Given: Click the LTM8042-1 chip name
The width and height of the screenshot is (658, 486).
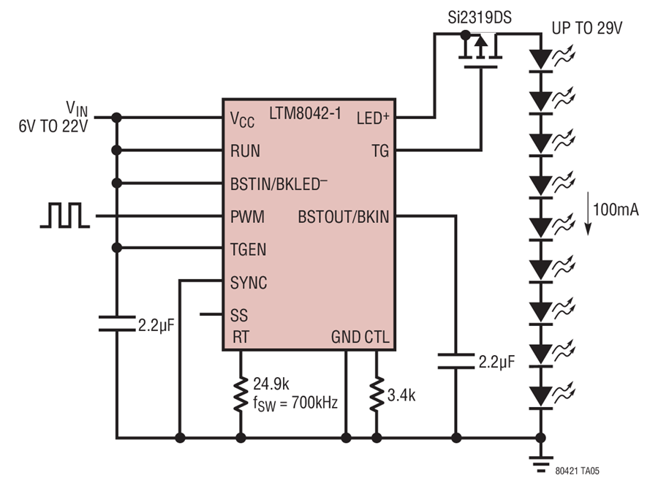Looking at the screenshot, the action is pyautogui.click(x=305, y=113).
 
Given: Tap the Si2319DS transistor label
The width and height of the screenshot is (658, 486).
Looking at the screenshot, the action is pyautogui.click(x=480, y=18).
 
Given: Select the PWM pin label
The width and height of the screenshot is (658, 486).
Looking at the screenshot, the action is pyautogui.click(x=247, y=217).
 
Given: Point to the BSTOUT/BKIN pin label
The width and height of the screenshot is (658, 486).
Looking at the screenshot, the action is pyautogui.click(x=344, y=217).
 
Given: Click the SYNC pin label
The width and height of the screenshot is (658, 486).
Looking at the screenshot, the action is pyautogui.click(x=249, y=283).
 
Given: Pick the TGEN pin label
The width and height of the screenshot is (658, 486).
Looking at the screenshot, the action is pyautogui.click(x=248, y=249).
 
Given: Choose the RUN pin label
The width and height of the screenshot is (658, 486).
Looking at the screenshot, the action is pyautogui.click(x=245, y=151).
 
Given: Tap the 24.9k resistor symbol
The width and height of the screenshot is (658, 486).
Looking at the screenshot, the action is pyautogui.click(x=241, y=394).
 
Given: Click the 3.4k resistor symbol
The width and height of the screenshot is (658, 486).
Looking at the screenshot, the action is pyautogui.click(x=377, y=394).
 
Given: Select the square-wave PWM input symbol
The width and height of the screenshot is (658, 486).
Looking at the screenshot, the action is pyautogui.click(x=65, y=215).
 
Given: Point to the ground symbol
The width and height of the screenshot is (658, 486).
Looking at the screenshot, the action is pyautogui.click(x=540, y=464).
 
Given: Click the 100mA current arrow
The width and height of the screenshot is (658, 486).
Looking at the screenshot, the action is pyautogui.click(x=589, y=213).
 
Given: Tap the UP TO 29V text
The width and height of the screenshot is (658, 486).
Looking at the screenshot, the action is pyautogui.click(x=586, y=28).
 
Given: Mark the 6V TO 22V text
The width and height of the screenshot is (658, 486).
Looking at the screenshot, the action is pyautogui.click(x=53, y=126).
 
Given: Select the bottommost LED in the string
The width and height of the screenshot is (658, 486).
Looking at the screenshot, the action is pyautogui.click(x=541, y=397).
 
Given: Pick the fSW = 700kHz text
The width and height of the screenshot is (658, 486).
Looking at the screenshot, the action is pyautogui.click(x=295, y=403).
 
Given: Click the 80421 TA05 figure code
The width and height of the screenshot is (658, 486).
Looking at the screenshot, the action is pyautogui.click(x=577, y=471).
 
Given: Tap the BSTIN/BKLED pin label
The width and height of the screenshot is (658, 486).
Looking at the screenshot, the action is pyautogui.click(x=279, y=183).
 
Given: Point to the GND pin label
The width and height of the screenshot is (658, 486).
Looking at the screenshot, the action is pyautogui.click(x=346, y=337).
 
